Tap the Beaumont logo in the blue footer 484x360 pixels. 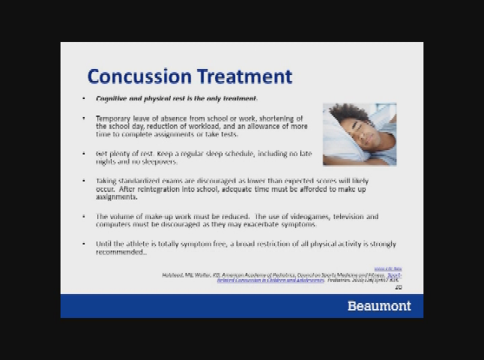point(379,306)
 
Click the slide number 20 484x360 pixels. point(399,287)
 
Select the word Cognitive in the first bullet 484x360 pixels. point(112,99)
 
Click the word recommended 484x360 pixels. point(120,252)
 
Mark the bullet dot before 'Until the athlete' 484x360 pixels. point(84,244)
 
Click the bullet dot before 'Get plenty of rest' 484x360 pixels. point(84,154)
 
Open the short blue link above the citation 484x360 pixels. point(388,268)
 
